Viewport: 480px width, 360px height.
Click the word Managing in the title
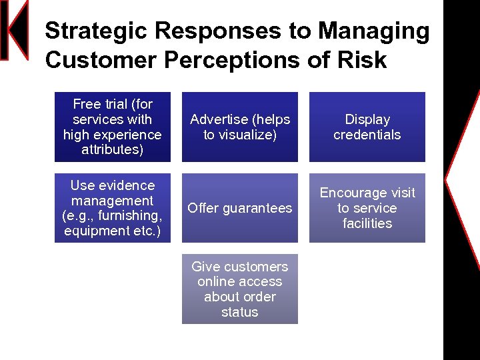(x=374, y=31)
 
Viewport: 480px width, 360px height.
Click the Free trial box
(x=113, y=127)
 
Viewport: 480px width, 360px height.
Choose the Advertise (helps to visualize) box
(x=240, y=127)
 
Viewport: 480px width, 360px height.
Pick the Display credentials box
(x=367, y=127)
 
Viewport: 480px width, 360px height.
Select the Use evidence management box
(x=113, y=208)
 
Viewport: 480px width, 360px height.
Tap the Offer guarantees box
(x=240, y=208)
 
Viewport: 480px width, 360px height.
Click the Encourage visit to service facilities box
(x=367, y=208)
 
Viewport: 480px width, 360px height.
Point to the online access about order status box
(x=240, y=289)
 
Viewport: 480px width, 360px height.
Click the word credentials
(x=367, y=135)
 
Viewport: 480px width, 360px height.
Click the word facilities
(x=367, y=224)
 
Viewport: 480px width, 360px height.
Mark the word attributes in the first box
(x=112, y=150)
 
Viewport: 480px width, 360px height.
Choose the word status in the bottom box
(x=240, y=312)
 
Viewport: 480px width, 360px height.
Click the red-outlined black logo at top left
(x=14, y=30)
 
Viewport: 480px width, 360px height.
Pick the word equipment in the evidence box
(x=94, y=231)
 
